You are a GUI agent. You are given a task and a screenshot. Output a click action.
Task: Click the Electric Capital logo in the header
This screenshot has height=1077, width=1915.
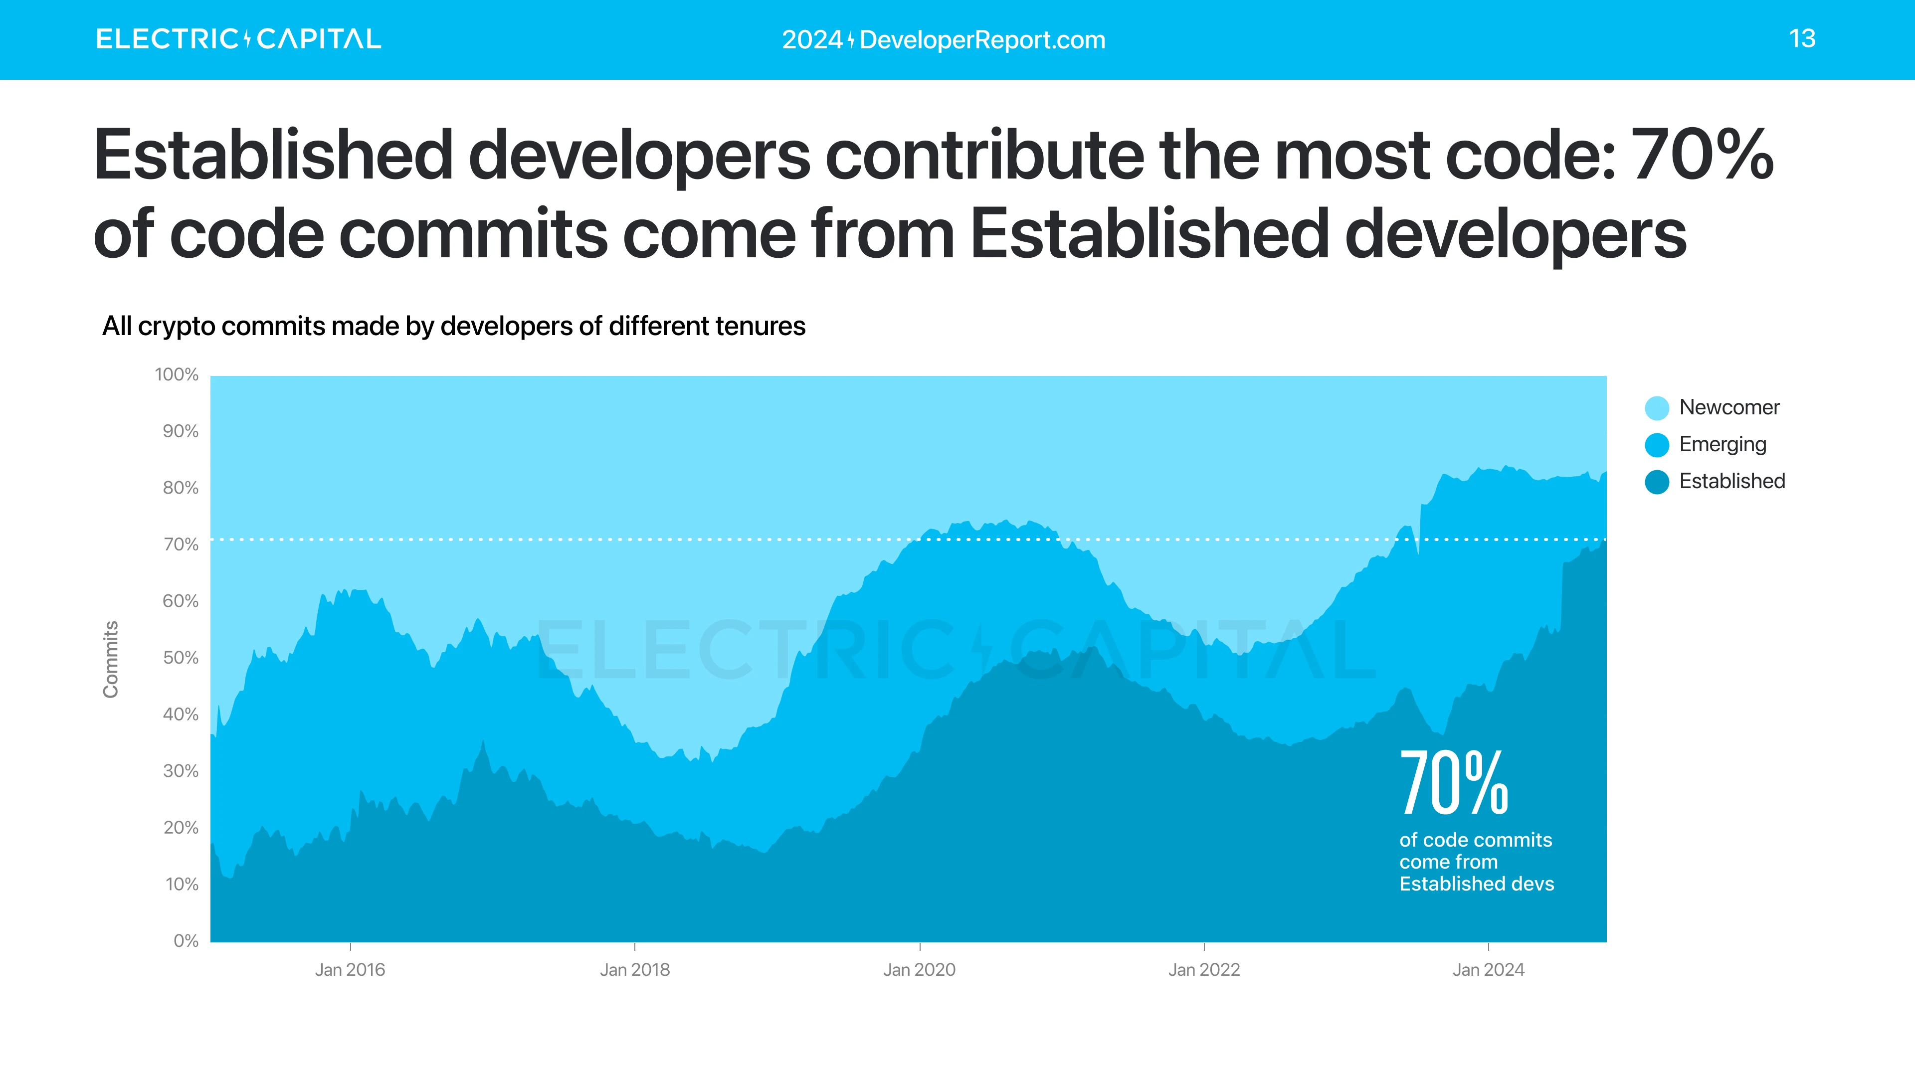[x=238, y=39]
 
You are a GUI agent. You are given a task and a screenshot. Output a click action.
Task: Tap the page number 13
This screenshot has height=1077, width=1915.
[x=1801, y=39]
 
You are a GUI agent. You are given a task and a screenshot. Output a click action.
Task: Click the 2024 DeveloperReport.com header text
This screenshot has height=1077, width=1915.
[x=944, y=39]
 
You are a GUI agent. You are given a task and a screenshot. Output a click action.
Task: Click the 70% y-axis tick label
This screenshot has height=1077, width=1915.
[x=181, y=545]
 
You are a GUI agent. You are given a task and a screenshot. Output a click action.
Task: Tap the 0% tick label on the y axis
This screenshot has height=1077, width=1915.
[x=186, y=941]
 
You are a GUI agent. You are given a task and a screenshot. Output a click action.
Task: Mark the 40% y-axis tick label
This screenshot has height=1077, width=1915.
[x=181, y=715]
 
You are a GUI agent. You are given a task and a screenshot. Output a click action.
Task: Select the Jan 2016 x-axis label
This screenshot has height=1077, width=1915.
[x=350, y=970]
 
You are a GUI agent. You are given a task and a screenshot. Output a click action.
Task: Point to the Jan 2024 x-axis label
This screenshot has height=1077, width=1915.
[x=1488, y=970]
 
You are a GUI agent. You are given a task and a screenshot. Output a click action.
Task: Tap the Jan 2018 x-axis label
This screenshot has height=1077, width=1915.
[x=635, y=970]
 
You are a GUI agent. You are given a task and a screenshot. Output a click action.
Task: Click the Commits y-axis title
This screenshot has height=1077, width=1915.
[x=111, y=659]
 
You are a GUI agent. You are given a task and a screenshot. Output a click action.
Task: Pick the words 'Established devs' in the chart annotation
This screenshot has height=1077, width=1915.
[x=1476, y=884]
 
